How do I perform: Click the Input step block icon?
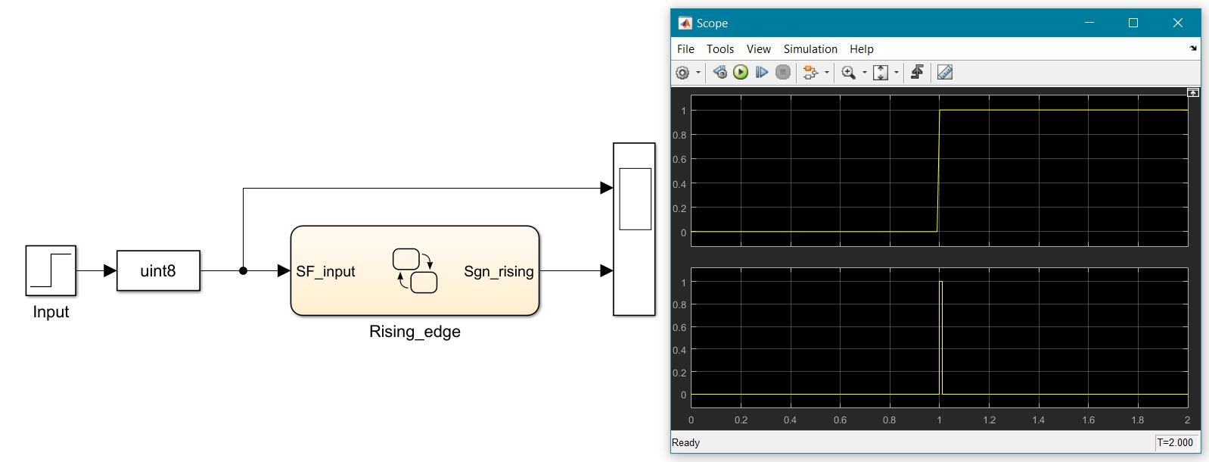click(51, 270)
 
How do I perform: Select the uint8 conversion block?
click(158, 271)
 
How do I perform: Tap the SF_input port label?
click(325, 271)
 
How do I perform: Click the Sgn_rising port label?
click(499, 271)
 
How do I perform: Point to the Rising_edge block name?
click(415, 332)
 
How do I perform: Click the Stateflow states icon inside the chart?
click(415, 270)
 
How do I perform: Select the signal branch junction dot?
click(243, 270)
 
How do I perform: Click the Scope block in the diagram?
click(634, 229)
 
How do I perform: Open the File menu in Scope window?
click(685, 49)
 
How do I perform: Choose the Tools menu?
click(720, 49)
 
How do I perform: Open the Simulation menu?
click(810, 49)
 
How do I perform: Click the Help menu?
click(862, 49)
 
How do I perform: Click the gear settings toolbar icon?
click(682, 73)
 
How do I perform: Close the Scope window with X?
click(1177, 23)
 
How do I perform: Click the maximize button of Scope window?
click(1133, 23)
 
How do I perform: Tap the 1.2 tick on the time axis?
click(989, 420)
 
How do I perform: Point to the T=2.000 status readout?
click(1175, 442)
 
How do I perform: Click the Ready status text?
click(686, 442)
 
